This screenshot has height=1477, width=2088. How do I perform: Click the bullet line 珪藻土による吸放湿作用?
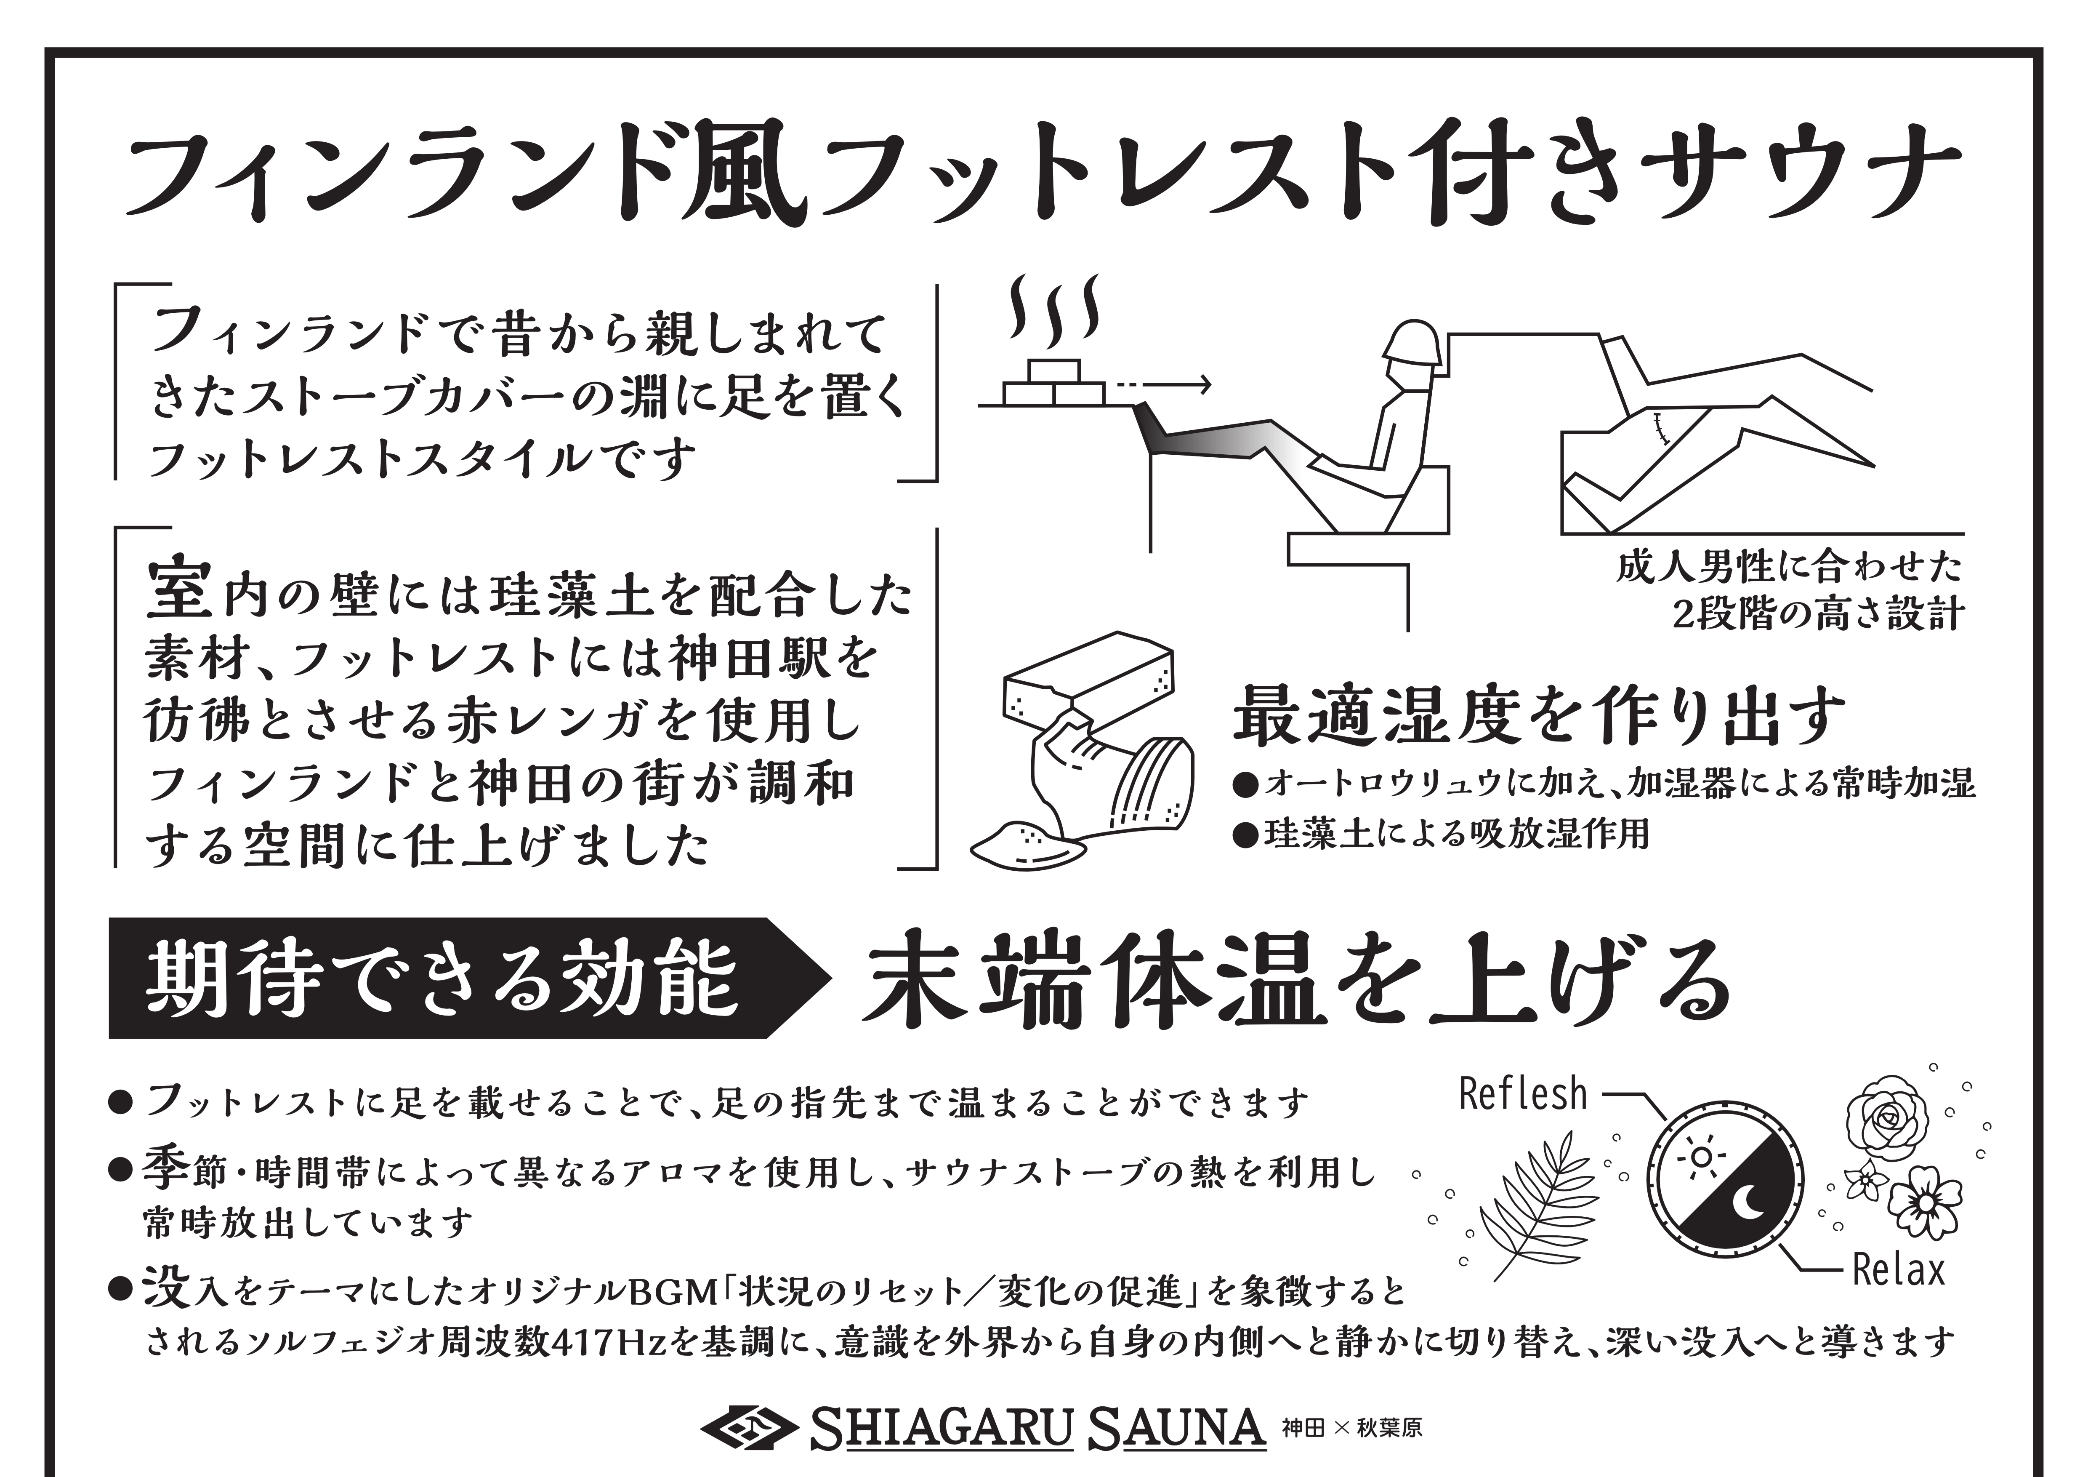click(x=1442, y=834)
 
